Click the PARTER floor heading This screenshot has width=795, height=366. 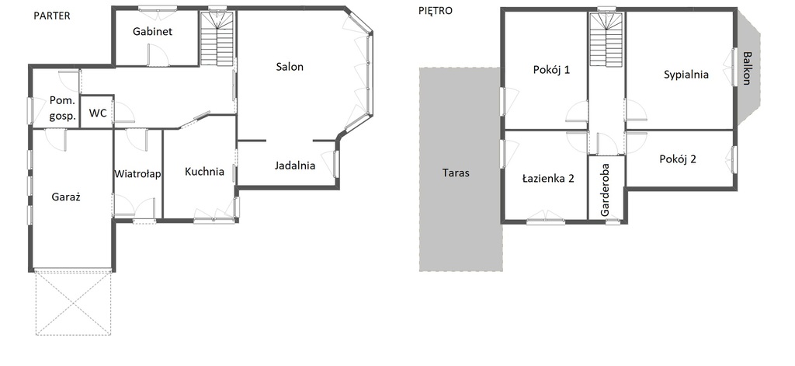click(52, 16)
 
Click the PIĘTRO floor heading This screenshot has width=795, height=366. click(435, 11)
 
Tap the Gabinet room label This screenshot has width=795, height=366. click(153, 32)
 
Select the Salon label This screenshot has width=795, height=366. click(290, 67)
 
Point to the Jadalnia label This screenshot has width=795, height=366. click(295, 166)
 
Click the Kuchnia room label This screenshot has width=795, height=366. click(204, 172)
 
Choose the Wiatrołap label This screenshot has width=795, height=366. click(138, 174)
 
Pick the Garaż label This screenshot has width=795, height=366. click(67, 197)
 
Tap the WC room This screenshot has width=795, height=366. click(98, 113)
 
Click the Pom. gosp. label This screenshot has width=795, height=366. click(63, 108)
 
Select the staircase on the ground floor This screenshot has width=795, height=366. click(217, 39)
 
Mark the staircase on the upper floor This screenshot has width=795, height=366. click(606, 39)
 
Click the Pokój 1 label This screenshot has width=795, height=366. click(552, 70)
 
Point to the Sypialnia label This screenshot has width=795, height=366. click(686, 75)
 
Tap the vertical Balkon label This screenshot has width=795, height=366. click(747, 68)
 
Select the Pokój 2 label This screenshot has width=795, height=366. click(678, 159)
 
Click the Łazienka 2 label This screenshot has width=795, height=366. click(548, 178)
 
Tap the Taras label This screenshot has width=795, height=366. click(456, 173)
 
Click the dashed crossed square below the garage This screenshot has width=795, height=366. click(73, 303)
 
